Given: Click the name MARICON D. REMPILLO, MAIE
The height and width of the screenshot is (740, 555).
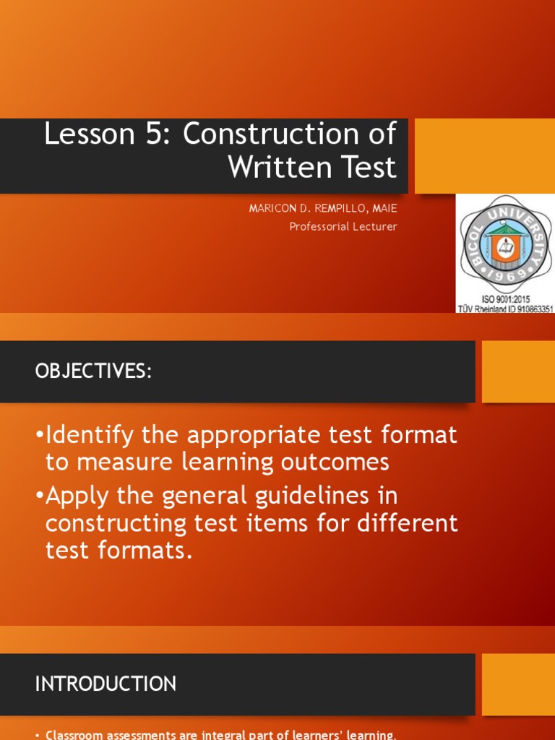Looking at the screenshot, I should click(323, 209).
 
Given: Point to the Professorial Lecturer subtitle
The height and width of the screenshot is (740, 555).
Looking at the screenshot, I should click(343, 226).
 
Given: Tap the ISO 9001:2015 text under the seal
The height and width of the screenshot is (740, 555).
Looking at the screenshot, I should click(504, 298).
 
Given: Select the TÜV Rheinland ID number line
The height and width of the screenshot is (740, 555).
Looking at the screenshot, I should click(505, 309).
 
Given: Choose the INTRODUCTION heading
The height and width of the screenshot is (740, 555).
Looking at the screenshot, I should click(106, 684).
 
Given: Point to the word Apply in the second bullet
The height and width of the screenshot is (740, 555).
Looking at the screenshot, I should click(77, 496).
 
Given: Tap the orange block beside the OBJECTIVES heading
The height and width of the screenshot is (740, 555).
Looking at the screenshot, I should click(517, 371).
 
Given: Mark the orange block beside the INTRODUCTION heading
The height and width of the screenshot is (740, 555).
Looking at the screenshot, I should click(517, 684).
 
